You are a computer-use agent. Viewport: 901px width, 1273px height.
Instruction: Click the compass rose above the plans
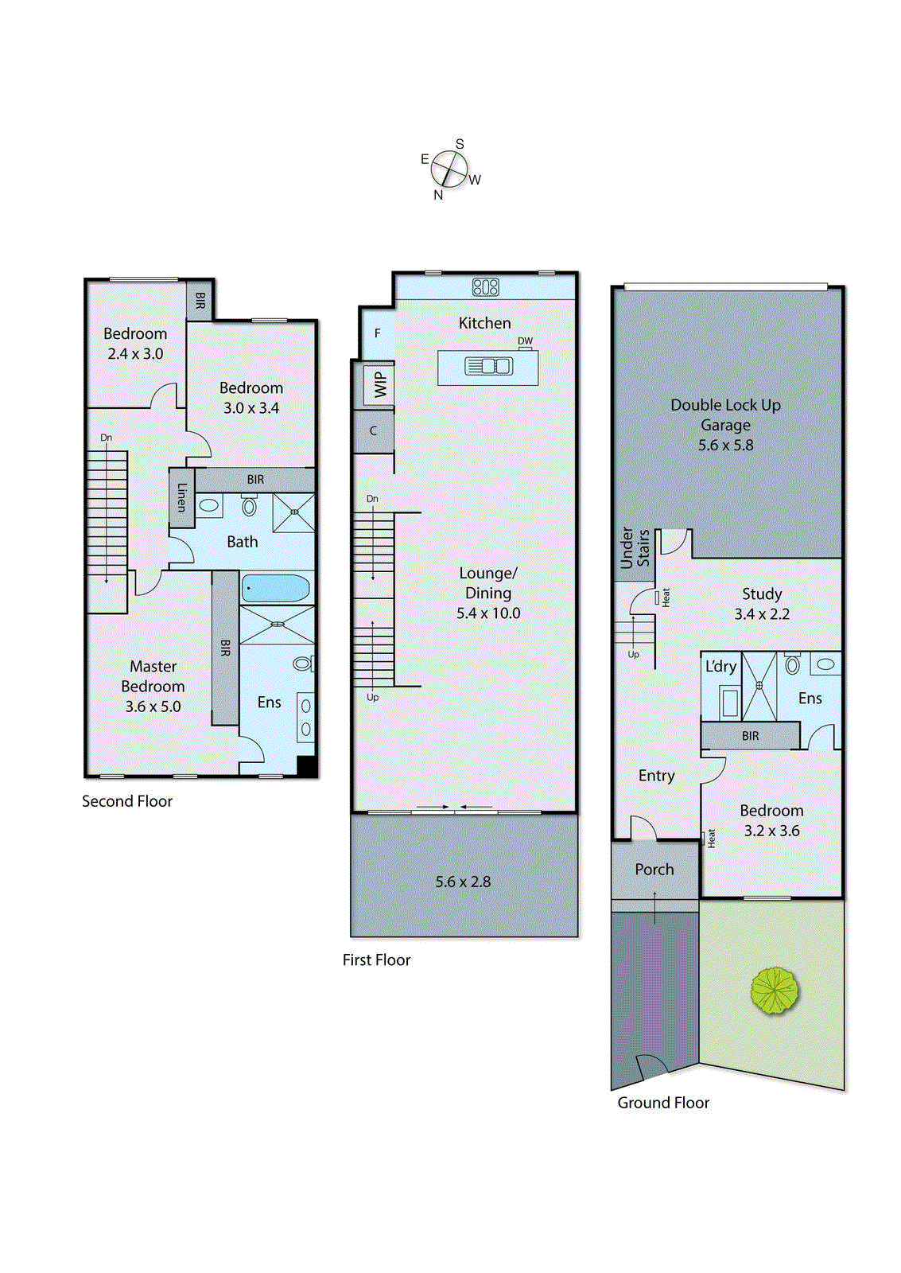point(449,169)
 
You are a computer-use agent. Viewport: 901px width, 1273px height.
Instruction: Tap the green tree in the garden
point(774,991)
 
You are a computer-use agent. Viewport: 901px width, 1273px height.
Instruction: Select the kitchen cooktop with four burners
point(485,286)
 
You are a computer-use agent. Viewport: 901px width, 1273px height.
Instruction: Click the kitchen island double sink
point(488,366)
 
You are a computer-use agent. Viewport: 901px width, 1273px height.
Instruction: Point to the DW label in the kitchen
point(525,341)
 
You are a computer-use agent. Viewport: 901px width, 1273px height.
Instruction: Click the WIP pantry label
point(380,384)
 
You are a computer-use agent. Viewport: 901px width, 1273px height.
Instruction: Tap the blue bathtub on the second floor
point(275,589)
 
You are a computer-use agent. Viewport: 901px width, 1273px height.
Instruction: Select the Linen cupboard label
point(181,497)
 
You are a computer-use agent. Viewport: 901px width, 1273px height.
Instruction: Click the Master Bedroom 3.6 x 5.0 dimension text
point(153,707)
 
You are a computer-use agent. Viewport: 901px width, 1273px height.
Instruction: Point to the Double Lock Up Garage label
point(725,415)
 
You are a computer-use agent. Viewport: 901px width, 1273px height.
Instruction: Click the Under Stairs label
point(634,548)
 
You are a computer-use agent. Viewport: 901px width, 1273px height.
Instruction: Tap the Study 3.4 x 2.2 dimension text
point(761,614)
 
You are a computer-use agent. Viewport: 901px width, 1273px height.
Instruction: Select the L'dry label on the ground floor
point(720,667)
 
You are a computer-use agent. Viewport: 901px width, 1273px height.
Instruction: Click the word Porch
point(654,870)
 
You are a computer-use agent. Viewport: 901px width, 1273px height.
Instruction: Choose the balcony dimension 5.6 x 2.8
point(463,882)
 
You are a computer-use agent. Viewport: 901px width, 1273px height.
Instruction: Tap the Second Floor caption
point(127,801)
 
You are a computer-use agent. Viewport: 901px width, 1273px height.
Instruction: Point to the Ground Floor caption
point(663,1103)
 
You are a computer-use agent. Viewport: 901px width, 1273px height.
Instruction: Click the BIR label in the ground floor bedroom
point(750,736)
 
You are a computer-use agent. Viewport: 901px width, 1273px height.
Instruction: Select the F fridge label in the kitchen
point(377,333)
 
